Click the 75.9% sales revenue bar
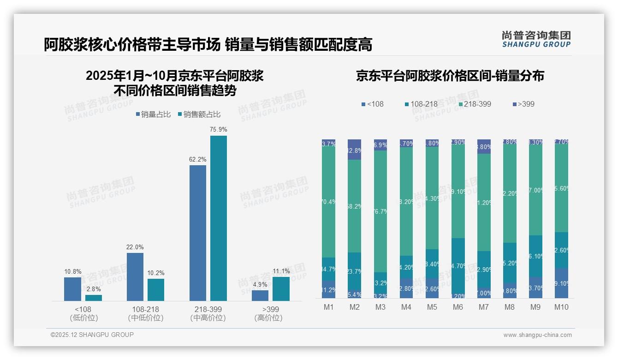pos(219,218)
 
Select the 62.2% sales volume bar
pos(198,233)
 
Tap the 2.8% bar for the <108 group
pos(94,298)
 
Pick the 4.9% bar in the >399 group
pos(260,295)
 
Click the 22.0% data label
pos(135,247)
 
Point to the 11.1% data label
pos(281,271)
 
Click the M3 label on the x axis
pos(380,307)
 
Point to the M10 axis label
pos(561,307)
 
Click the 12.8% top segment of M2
pos(355,150)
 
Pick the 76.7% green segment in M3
pos(380,211)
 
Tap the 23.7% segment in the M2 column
pos(355,271)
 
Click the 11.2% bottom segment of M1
pos(329,290)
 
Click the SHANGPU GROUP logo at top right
pos(536,39)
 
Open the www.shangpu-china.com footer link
pos(537,335)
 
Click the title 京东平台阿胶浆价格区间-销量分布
pos(450,76)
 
